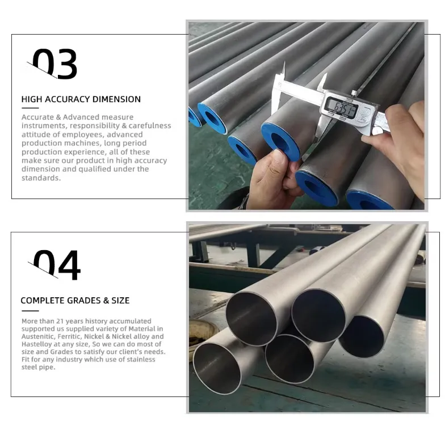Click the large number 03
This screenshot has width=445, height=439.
pyautogui.click(x=54, y=64)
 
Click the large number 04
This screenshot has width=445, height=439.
pyautogui.click(x=57, y=265)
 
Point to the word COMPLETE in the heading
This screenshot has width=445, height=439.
pyautogui.click(x=43, y=301)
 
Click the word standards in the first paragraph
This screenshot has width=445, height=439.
pyautogui.click(x=40, y=178)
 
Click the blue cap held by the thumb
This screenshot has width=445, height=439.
pyautogui.click(x=280, y=141)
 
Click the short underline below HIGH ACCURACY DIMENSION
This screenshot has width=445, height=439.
pyautogui.click(x=30, y=108)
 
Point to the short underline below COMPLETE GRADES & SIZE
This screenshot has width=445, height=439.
pyautogui.click(x=30, y=311)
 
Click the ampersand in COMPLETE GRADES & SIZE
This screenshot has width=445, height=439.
pyautogui.click(x=106, y=301)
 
